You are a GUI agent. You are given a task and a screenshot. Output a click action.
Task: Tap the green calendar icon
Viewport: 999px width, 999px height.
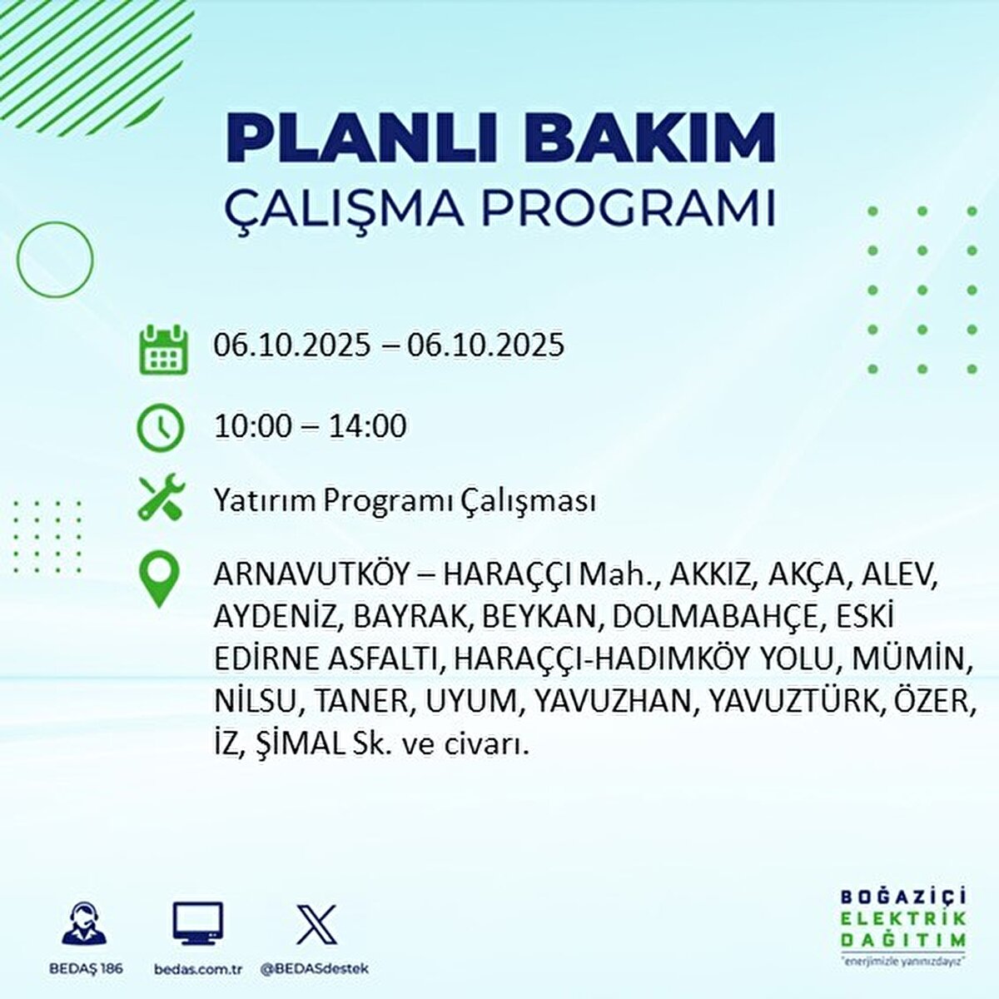point(163,350)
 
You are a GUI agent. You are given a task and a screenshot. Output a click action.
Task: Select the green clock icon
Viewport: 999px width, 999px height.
point(160,428)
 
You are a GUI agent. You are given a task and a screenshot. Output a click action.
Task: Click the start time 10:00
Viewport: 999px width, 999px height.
point(253,427)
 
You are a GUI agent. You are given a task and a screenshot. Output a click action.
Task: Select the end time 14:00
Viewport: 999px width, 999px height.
point(367,427)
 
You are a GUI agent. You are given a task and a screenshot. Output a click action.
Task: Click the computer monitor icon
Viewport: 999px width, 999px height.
point(197,923)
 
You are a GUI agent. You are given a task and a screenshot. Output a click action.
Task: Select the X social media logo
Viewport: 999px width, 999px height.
point(316,924)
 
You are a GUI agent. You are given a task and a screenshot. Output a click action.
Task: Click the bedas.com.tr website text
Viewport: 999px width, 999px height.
point(198,969)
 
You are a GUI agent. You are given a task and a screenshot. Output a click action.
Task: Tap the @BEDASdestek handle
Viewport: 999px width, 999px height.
point(316,968)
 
